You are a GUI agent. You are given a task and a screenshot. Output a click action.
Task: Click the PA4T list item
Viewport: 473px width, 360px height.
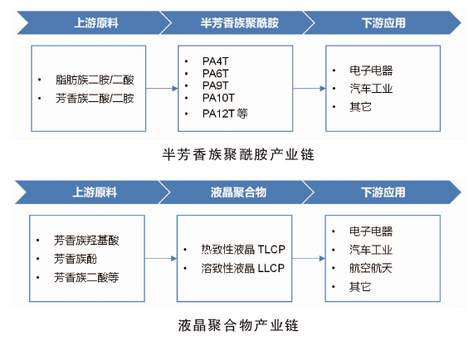click(x=216, y=61)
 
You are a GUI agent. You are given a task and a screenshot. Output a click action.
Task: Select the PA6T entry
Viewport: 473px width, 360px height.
click(x=216, y=73)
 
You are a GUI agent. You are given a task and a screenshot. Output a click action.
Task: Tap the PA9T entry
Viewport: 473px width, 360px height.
click(x=216, y=85)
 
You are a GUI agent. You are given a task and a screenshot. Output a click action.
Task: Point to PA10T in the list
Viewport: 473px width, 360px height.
click(x=218, y=98)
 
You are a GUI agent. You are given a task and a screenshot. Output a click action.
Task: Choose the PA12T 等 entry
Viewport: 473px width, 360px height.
click(x=225, y=114)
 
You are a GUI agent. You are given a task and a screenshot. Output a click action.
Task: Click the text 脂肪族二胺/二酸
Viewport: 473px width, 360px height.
click(x=95, y=80)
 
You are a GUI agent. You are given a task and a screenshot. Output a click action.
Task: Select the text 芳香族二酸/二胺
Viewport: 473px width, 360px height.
click(x=95, y=98)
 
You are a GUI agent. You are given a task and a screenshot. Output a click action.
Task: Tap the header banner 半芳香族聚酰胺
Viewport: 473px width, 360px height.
click(x=240, y=23)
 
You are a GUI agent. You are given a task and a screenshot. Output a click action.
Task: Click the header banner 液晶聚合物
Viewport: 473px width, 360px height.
click(x=238, y=192)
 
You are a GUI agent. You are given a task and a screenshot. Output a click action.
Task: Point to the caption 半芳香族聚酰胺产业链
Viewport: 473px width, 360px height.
click(x=238, y=154)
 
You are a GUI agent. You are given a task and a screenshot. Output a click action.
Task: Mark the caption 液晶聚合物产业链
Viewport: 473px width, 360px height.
click(x=238, y=326)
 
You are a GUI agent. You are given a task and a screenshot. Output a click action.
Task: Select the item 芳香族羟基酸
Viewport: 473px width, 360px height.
click(x=86, y=241)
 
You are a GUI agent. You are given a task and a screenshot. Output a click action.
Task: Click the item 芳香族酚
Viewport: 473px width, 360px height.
click(x=76, y=259)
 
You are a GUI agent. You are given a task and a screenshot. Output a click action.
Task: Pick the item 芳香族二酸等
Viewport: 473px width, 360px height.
click(x=86, y=277)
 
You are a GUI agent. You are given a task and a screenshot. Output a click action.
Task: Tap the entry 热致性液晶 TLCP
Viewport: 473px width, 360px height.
click(x=243, y=250)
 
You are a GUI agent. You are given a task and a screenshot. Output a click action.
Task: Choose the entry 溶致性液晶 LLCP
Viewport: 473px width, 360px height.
click(x=243, y=268)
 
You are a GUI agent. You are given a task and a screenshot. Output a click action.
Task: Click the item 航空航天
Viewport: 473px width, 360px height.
click(x=371, y=268)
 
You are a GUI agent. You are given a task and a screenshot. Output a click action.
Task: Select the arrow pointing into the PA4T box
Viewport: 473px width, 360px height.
click(x=162, y=89)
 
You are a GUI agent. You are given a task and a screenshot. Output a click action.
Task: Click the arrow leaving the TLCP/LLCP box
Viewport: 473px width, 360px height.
click(x=309, y=259)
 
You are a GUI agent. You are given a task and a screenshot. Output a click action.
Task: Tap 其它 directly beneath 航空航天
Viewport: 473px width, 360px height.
click(x=360, y=287)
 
